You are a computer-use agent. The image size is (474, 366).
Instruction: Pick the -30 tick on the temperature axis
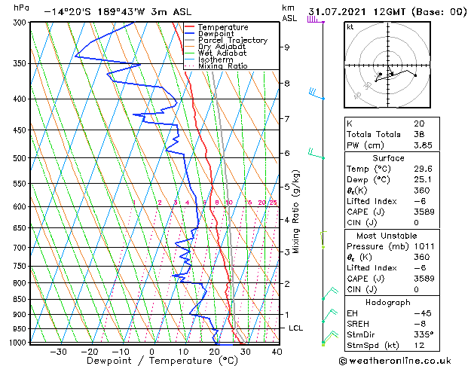point(57,351)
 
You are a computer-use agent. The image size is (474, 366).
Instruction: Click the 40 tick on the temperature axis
point(277,351)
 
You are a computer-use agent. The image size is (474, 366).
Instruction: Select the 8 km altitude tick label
point(286,83)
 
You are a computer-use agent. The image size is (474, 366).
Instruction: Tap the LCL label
point(297,328)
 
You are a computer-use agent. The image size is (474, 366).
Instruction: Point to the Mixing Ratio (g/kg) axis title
point(297,212)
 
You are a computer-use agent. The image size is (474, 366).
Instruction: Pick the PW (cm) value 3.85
point(422,145)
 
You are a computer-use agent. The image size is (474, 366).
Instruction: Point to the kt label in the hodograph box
point(350,26)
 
